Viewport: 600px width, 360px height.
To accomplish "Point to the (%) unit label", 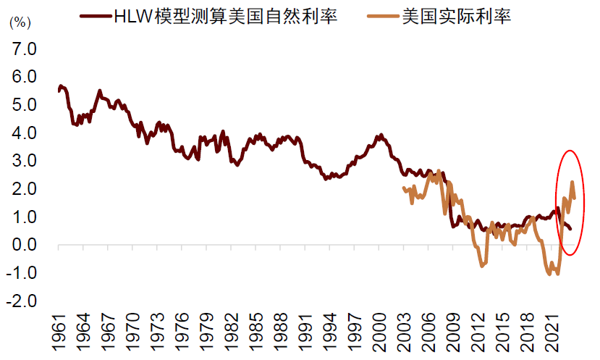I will [20, 22].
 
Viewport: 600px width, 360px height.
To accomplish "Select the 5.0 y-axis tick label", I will [22, 106].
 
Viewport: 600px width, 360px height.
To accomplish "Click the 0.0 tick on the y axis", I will [22, 246].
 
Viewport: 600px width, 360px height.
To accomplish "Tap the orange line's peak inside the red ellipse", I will [572, 183].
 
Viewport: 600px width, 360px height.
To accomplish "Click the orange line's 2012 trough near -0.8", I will [482, 266].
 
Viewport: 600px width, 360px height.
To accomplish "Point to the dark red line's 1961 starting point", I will [59, 91].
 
